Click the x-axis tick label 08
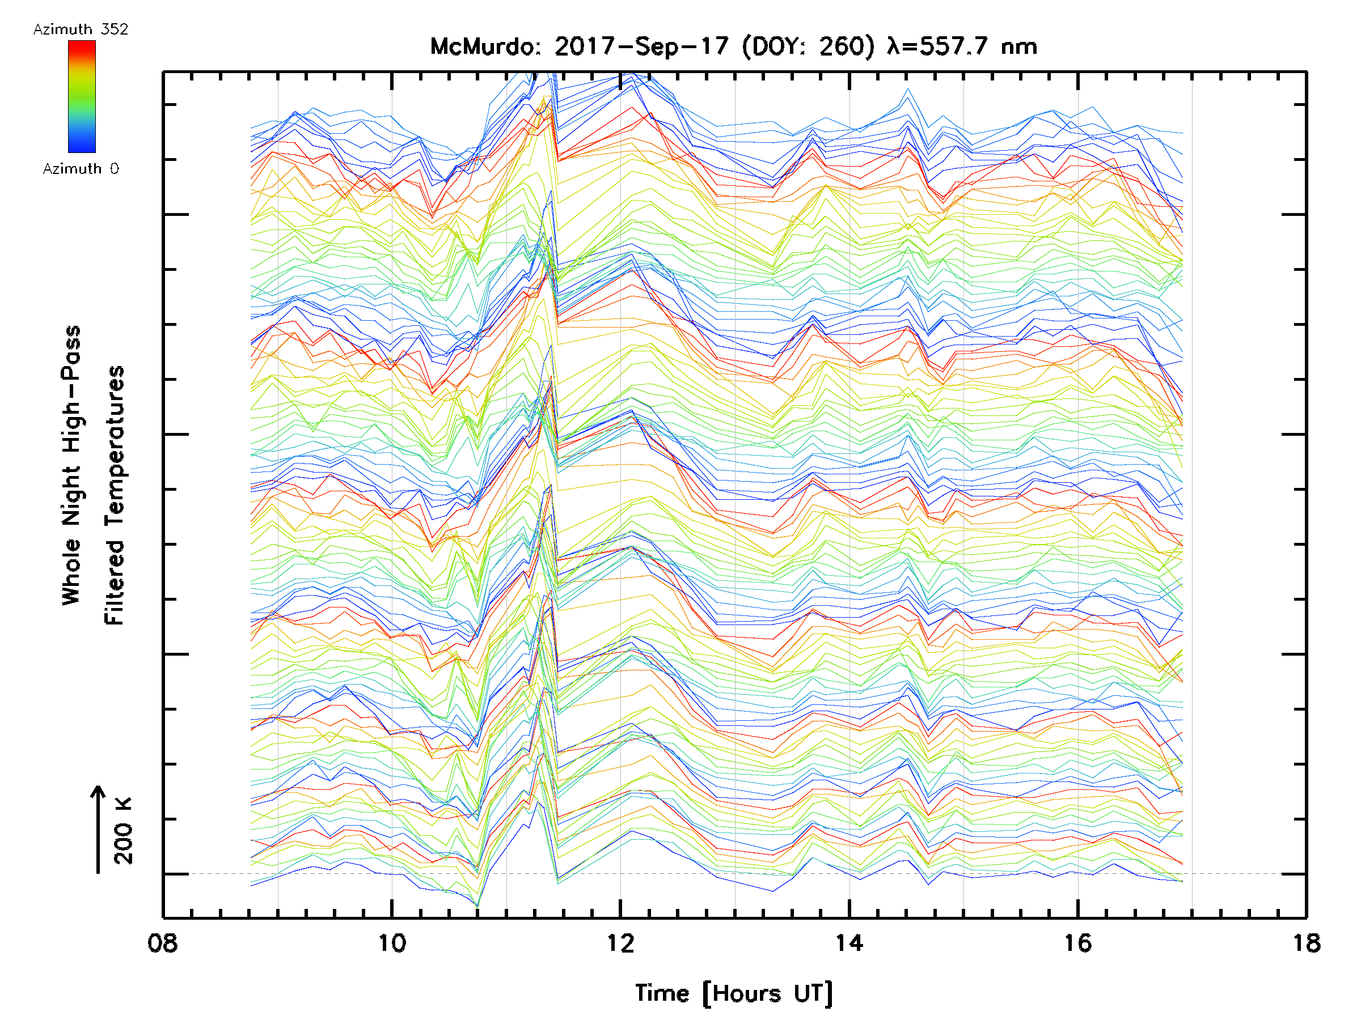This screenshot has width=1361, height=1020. (163, 942)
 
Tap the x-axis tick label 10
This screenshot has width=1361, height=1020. (392, 942)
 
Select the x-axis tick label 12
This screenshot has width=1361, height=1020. (620, 942)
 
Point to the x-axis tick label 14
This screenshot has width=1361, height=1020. (849, 942)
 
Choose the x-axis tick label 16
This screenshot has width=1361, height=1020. (1077, 942)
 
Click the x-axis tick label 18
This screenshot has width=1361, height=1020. (1305, 942)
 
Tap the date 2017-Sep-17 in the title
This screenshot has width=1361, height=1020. (642, 46)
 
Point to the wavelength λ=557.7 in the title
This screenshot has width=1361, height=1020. (939, 46)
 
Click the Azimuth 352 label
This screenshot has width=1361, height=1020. (81, 29)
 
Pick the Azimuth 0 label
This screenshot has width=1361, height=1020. (81, 168)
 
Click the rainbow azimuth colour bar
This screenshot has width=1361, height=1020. (82, 96)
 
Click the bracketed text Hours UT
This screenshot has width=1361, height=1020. (767, 993)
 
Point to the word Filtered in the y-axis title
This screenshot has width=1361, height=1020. (115, 583)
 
